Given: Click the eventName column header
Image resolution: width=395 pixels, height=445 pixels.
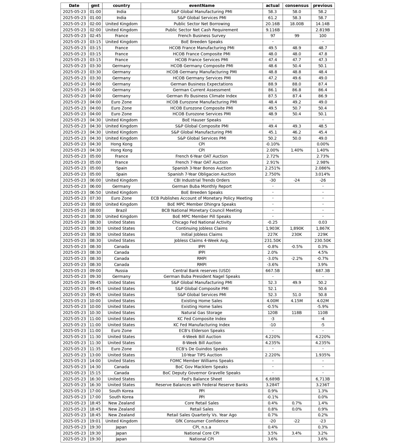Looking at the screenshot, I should coord(201,6).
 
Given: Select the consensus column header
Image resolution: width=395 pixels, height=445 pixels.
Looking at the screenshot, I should coord(297,6).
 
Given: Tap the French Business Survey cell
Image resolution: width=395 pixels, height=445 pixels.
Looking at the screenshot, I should coord(201,36).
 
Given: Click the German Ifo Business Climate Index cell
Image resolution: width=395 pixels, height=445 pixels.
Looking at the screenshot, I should coord(201,96).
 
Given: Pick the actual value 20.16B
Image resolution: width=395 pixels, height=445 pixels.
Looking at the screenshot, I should coord(272,24).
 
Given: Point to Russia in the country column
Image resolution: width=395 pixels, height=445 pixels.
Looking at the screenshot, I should coord(121,271).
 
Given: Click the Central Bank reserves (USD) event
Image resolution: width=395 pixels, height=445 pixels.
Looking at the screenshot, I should coord(201,271).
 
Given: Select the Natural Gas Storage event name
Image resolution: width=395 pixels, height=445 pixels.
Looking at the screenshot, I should coord(201,313).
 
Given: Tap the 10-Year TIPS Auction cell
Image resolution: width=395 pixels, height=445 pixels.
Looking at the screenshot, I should coord(201,355).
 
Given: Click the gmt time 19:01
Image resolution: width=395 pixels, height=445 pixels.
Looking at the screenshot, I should coord(95,421).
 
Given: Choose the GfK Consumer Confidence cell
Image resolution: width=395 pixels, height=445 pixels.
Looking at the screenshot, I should coord(201,421).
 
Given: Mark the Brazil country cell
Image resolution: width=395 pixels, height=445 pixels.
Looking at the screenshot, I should coord(121,210).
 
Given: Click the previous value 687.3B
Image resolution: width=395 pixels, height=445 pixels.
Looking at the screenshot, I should coord(323,271).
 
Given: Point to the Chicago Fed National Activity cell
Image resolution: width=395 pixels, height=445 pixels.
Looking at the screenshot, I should coord(201,222).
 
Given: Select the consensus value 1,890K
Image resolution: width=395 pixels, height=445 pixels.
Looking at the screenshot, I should coord(297,228).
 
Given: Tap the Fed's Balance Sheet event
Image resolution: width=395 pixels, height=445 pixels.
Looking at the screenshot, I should coord(201,379).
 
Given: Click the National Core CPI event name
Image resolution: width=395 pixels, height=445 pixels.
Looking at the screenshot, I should coord(201,433).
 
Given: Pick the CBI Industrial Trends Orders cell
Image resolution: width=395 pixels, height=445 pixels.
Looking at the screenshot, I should coord(201,180).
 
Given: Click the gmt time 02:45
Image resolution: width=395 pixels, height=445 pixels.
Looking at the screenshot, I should coord(95,36).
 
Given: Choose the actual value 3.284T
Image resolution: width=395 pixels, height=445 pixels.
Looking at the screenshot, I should coord(272,385).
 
